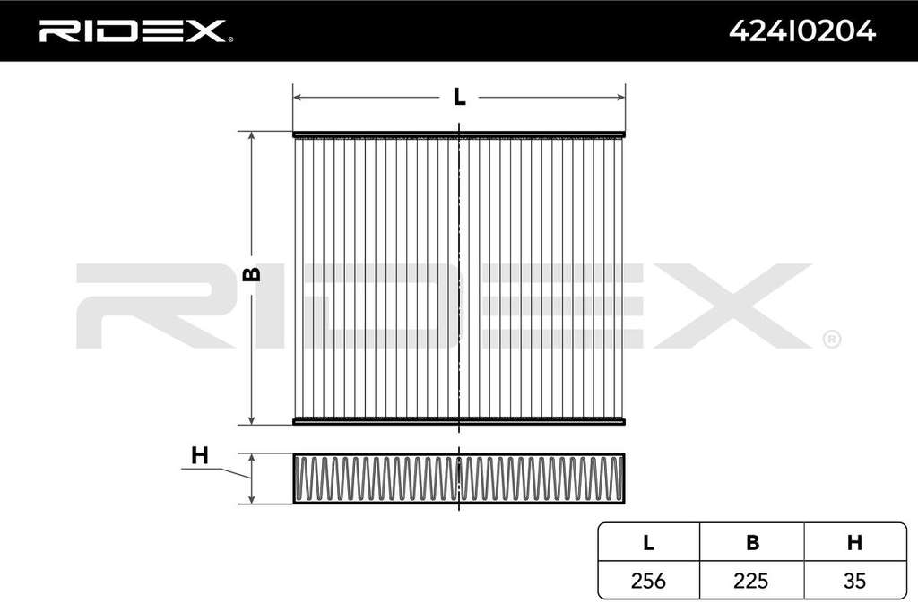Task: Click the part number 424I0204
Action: coord(802,31)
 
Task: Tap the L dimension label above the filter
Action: coord(460,97)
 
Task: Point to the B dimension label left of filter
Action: coord(252,274)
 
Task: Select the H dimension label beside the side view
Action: coord(200,455)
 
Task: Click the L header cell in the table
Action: coord(648,543)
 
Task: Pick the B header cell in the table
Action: coord(752,543)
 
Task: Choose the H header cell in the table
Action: coord(854,543)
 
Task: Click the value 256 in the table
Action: coord(648,581)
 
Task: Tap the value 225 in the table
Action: coord(751,581)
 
